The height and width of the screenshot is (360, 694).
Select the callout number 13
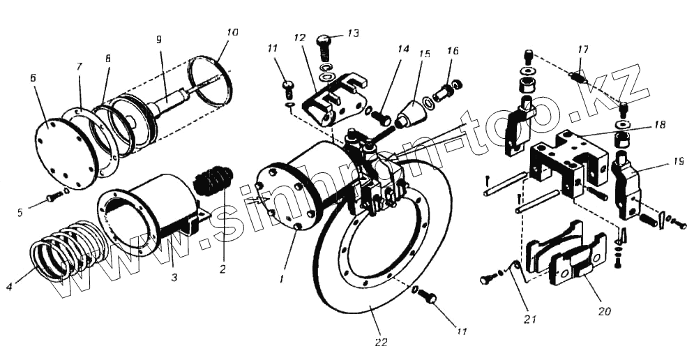(x=354, y=33)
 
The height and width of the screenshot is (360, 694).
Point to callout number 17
(x=583, y=49)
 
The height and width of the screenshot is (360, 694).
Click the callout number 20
(x=604, y=311)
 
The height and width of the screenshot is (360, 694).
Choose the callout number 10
(x=232, y=32)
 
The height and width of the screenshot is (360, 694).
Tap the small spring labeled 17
(x=578, y=75)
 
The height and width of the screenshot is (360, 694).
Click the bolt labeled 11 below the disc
(x=429, y=298)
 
